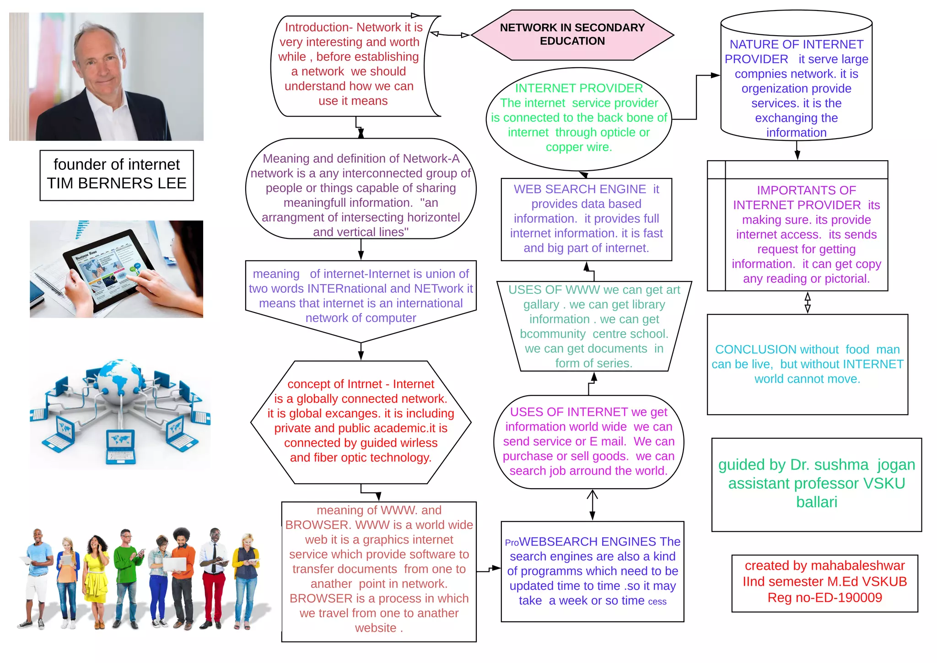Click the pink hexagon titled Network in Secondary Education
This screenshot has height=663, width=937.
coord(572,35)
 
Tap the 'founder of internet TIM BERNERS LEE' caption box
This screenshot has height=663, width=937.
coord(117,175)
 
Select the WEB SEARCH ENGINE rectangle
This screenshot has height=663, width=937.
coord(586,219)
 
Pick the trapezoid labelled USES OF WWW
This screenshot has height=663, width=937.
coord(594,326)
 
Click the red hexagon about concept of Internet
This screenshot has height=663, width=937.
coord(361,421)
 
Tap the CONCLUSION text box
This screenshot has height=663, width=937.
coord(807,364)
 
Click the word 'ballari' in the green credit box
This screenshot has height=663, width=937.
coord(817,502)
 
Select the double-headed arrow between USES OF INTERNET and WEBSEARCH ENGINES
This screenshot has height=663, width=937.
coord(592,505)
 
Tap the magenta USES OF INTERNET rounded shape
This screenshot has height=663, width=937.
coord(588,442)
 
